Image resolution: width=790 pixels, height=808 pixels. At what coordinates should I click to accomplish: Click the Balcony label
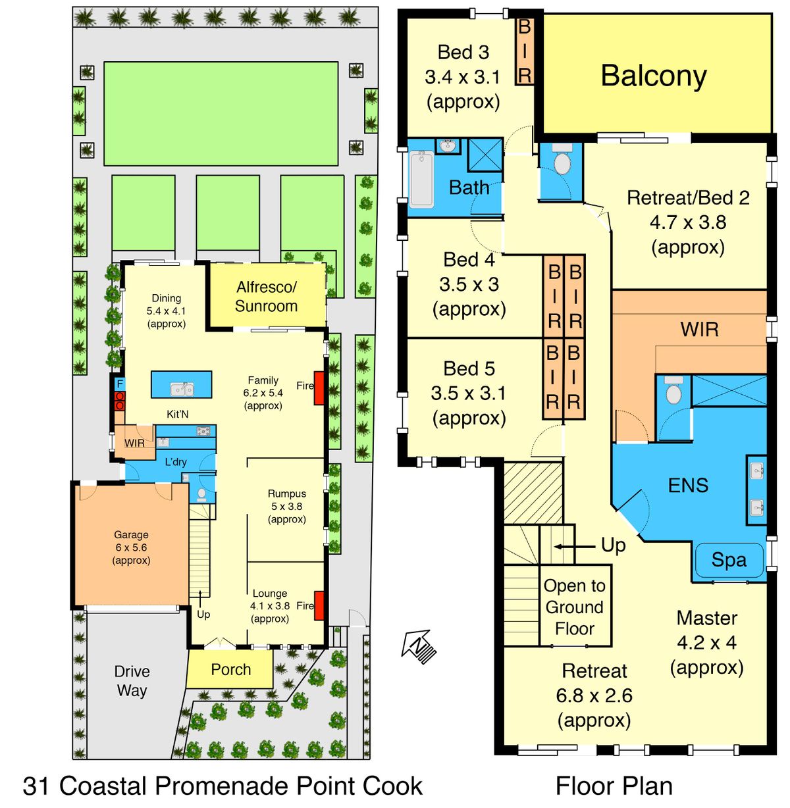653,76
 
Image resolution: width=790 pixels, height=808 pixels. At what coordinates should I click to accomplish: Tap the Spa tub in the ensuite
729,560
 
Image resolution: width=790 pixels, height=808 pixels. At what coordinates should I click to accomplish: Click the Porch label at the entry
231,670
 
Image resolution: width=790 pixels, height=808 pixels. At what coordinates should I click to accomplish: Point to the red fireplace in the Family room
319,388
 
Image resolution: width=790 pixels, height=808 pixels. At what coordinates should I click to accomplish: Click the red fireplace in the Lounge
319,606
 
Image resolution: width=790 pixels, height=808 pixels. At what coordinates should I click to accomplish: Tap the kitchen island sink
182,389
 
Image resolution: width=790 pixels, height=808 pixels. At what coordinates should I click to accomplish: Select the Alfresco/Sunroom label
266,297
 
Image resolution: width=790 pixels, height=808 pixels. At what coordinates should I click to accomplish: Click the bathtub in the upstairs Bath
421,179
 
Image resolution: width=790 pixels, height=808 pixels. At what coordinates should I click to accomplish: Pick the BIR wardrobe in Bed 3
524,52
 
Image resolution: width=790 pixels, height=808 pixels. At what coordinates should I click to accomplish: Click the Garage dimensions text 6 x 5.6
131,547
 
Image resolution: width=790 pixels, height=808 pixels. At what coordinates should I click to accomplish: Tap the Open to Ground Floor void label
575,607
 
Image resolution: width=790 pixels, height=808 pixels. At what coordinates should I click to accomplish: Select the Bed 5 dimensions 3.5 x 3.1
468,393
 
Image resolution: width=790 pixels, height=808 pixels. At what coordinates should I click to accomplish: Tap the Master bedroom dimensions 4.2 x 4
706,643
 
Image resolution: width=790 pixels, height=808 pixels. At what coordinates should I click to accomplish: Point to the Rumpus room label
286,493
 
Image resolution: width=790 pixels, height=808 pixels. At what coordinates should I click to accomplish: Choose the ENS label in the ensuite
688,485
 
